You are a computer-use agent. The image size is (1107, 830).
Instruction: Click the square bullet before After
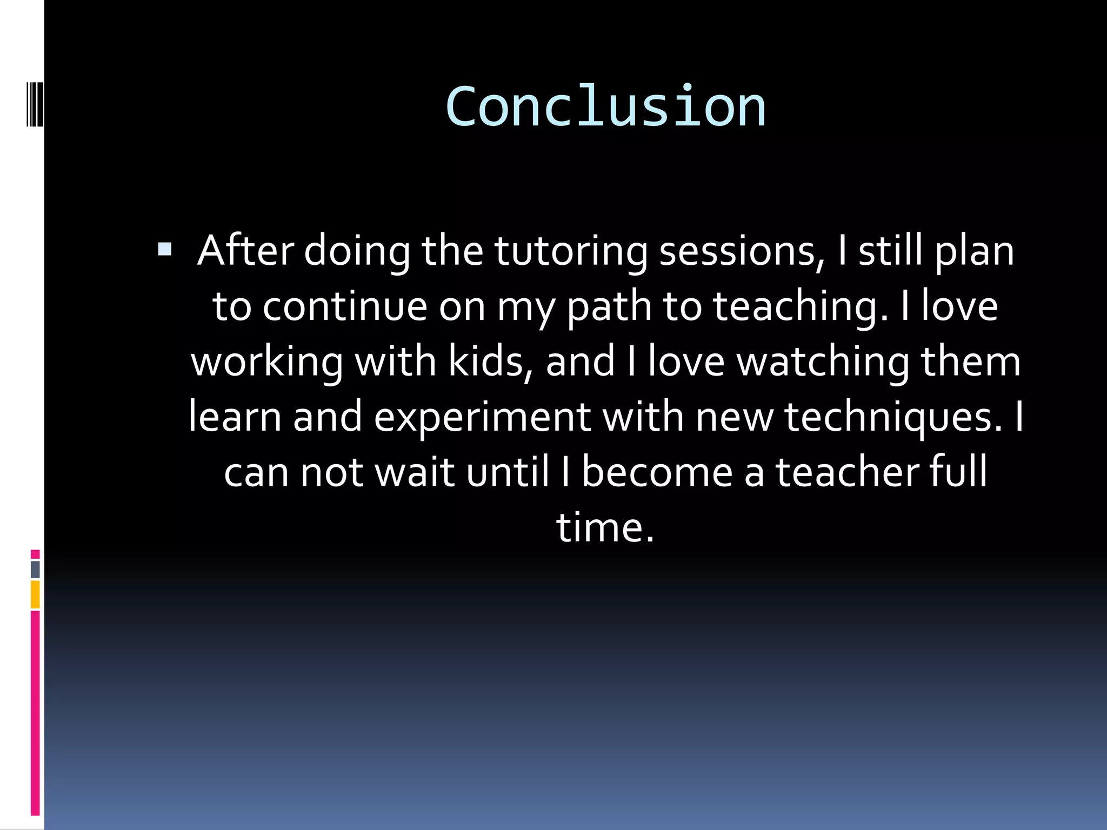pyautogui.click(x=164, y=250)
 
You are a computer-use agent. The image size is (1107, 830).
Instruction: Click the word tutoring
pyautogui.click(x=570, y=252)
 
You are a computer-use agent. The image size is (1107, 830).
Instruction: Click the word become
pyautogui.click(x=657, y=472)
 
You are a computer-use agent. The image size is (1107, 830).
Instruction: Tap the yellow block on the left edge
pyautogui.click(x=35, y=594)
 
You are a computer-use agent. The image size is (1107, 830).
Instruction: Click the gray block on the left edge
pyautogui.click(x=35, y=569)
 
